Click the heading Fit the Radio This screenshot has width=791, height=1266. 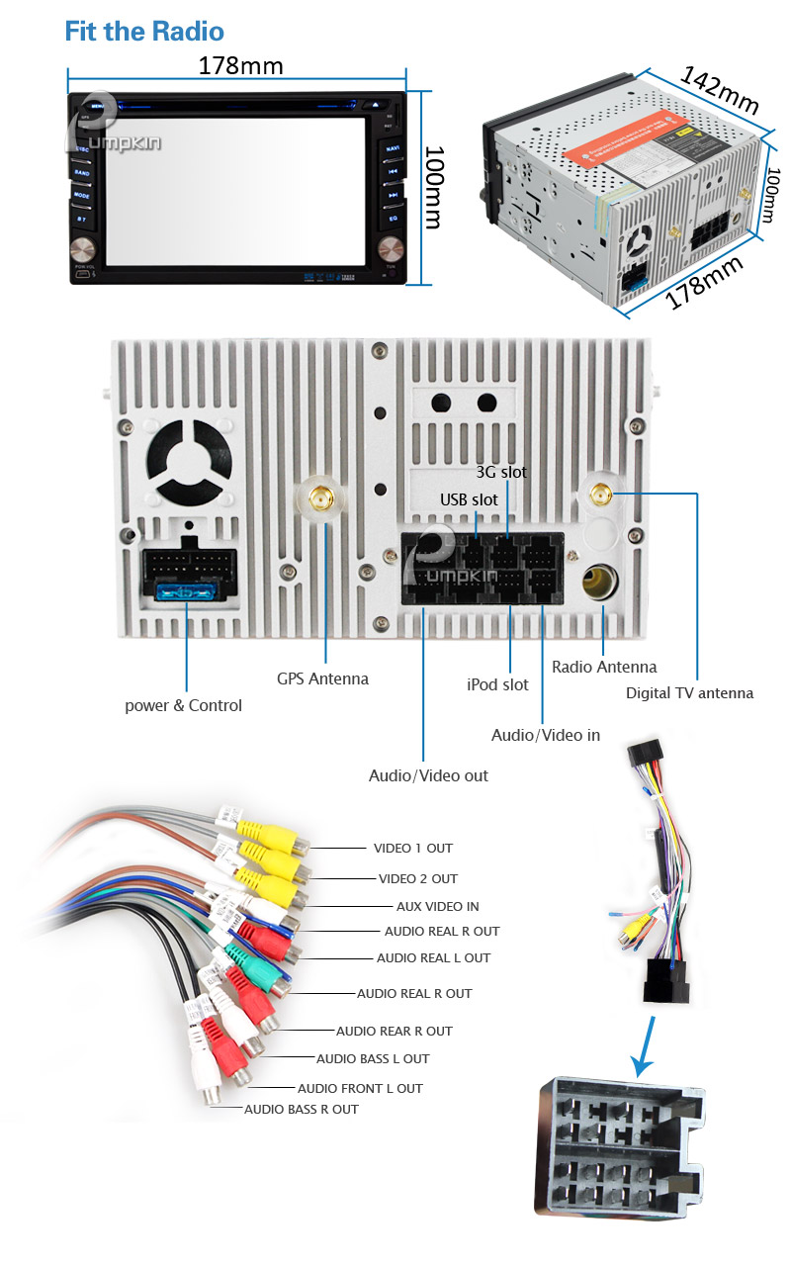[144, 31]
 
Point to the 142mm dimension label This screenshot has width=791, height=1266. [719, 88]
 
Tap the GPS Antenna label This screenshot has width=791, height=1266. [322, 678]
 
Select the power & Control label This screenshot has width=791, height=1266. [183, 705]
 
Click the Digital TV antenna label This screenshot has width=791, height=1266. [689, 692]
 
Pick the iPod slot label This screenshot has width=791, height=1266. [497, 684]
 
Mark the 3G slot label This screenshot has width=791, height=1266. [501, 472]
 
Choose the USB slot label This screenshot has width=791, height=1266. [469, 499]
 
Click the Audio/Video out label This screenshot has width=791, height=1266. [428, 775]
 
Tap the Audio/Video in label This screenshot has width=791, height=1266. [545, 735]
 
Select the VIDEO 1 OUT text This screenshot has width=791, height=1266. [412, 848]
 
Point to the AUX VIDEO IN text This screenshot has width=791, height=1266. [437, 906]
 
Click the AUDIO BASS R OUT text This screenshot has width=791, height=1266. [302, 1109]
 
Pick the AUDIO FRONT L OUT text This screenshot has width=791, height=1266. [360, 1088]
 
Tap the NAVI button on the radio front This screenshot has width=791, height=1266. [393, 148]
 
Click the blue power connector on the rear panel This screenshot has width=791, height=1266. [187, 592]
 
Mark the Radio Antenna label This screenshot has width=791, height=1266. [603, 667]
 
